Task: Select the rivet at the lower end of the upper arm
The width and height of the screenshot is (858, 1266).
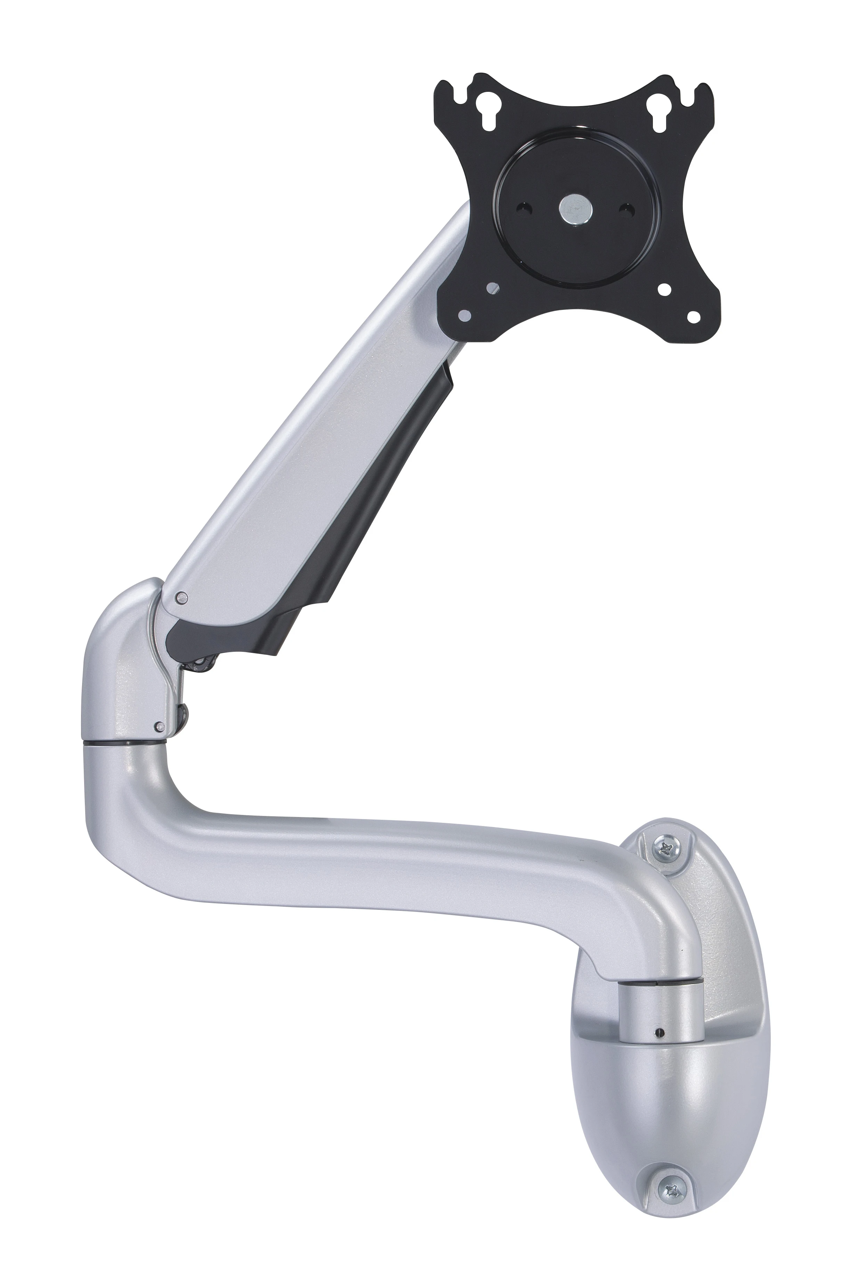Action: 181,598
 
